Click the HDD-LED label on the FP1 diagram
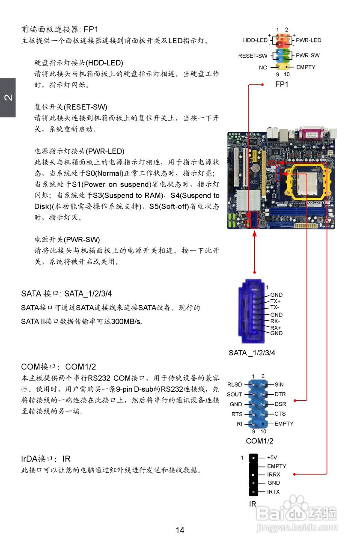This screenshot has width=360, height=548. pyautogui.click(x=255, y=40)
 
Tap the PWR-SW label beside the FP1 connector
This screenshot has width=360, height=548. pyautogui.click(x=307, y=55)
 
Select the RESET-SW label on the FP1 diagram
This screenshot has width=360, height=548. pyautogui.click(x=253, y=56)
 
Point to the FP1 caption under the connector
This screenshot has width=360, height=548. pyautogui.click(x=282, y=84)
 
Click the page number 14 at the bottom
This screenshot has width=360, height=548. pyautogui.click(x=180, y=530)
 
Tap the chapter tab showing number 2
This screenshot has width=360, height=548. pyautogui.click(x=8, y=98)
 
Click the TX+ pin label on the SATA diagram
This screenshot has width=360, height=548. pyautogui.click(x=275, y=301)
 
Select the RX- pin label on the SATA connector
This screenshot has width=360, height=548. pyautogui.click(x=275, y=321)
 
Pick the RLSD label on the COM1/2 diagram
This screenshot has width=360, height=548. pyautogui.click(x=235, y=385)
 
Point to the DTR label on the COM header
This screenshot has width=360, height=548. pyautogui.click(x=280, y=394)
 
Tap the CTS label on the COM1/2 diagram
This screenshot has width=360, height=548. pyautogui.click(x=280, y=414)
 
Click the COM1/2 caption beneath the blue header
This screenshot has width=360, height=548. pyautogui.click(x=259, y=441)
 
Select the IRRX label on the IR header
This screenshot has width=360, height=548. pyautogui.click(x=274, y=474)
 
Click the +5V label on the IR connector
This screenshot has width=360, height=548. pyautogui.click(x=272, y=457)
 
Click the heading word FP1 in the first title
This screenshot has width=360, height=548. pyautogui.click(x=91, y=30)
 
